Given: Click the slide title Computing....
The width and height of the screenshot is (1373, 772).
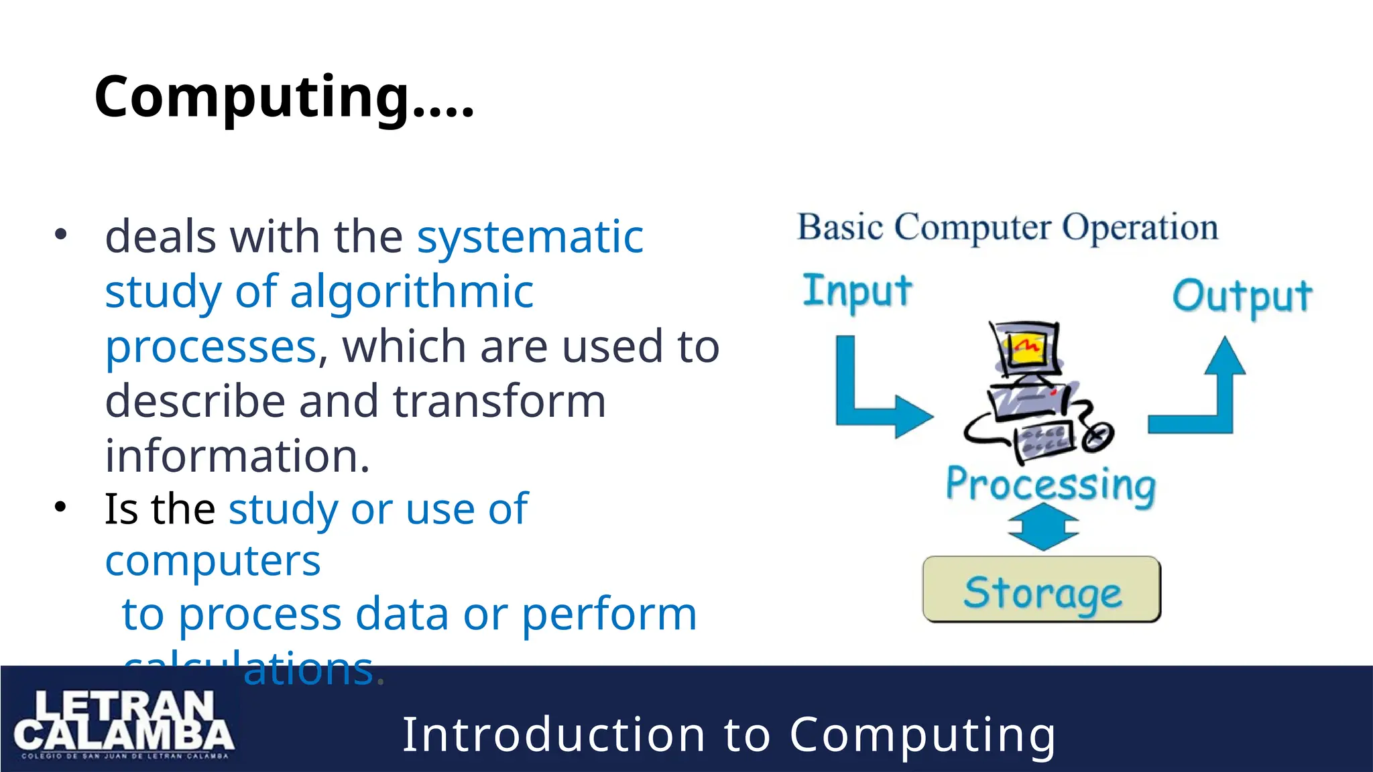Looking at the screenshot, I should click(x=284, y=97).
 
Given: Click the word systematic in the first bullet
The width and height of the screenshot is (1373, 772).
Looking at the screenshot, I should click(x=530, y=237).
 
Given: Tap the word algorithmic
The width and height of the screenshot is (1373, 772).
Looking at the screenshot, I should click(x=412, y=292).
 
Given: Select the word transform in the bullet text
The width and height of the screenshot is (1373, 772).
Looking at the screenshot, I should click(x=499, y=401).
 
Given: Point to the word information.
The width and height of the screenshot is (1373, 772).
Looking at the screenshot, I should click(x=237, y=456).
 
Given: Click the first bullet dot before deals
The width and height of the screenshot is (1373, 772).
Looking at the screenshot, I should click(x=61, y=235).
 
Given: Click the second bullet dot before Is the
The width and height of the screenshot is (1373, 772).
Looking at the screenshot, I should click(x=61, y=507).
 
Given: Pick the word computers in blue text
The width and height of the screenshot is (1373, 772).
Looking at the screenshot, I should click(x=213, y=561).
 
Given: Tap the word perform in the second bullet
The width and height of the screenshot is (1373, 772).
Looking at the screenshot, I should click(x=609, y=614).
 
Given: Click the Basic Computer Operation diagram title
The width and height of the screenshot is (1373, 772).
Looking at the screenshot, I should click(x=1007, y=228).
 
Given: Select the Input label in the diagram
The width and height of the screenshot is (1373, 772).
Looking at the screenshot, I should click(x=857, y=292).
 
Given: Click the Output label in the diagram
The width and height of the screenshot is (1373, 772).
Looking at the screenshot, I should click(x=1242, y=296).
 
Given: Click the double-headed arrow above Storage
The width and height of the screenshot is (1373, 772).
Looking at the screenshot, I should click(x=1043, y=527).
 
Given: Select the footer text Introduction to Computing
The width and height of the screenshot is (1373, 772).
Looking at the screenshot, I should click(x=729, y=735).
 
